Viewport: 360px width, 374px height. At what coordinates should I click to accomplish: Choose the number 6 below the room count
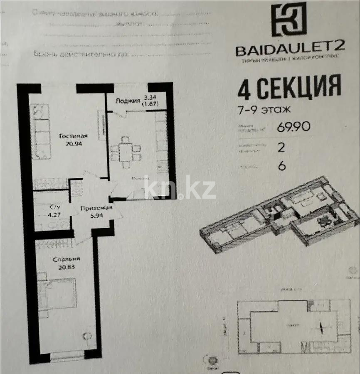tap(282, 165)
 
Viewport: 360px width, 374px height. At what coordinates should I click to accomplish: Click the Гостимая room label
tap(73, 136)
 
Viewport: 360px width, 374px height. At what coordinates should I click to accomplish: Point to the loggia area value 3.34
tap(148, 97)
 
